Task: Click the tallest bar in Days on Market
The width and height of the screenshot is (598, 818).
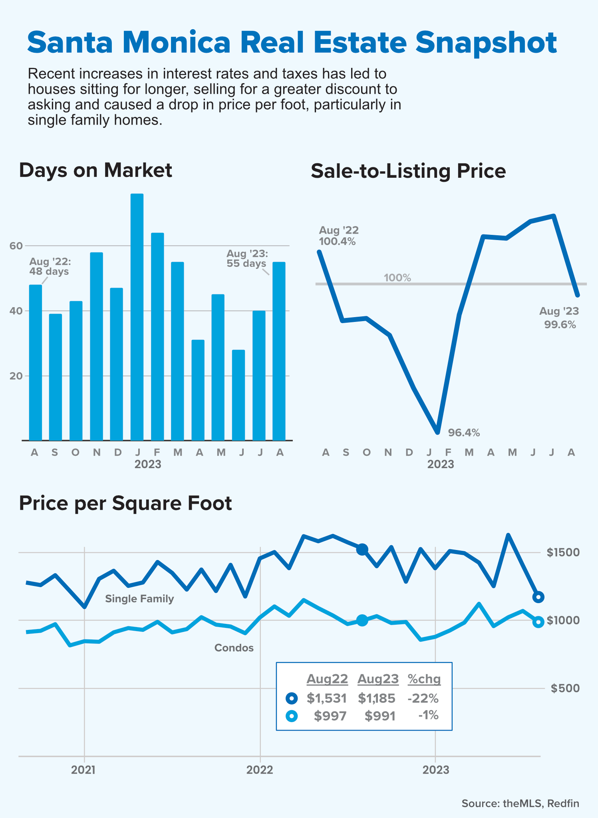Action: tap(137, 317)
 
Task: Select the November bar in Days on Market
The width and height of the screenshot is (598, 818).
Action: tap(96, 346)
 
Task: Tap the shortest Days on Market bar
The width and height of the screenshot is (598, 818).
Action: tap(238, 395)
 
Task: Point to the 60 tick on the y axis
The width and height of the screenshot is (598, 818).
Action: tap(16, 246)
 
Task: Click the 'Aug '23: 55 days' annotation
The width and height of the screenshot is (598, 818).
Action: tap(247, 258)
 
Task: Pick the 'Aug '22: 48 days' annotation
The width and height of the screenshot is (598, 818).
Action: tap(50, 266)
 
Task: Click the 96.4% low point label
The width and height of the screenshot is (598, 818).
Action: tap(464, 433)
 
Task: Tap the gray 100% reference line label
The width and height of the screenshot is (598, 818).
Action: tap(397, 278)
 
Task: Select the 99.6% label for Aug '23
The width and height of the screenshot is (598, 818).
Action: tap(560, 324)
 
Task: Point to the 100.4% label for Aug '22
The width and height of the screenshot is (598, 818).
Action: tap(337, 241)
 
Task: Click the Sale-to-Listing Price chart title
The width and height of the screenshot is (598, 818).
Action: tap(408, 171)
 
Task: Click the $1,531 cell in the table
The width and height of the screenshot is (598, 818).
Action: tap(326, 698)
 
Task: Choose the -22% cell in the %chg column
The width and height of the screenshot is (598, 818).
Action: tap(423, 698)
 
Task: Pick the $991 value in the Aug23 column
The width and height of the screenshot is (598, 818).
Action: tap(380, 716)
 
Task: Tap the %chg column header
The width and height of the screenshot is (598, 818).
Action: tap(424, 679)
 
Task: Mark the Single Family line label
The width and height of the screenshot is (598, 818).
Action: tap(139, 599)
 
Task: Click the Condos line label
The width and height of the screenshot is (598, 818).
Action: tap(234, 648)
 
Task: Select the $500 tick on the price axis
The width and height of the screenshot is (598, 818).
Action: tap(565, 688)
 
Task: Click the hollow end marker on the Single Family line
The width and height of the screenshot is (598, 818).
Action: tap(538, 597)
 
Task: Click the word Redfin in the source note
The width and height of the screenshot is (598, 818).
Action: tap(563, 803)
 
